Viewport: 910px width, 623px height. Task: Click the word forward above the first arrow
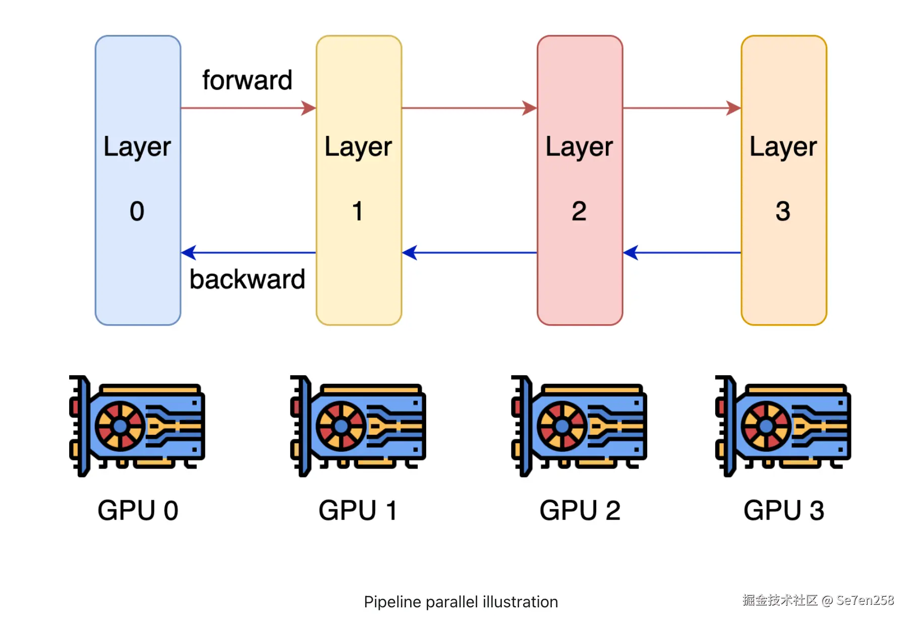(x=247, y=80)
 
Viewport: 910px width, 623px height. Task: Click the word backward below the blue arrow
(x=247, y=279)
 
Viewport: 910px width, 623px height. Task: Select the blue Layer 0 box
(x=138, y=180)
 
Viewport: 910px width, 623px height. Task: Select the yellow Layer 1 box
(x=359, y=180)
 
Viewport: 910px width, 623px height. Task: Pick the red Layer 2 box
(x=580, y=180)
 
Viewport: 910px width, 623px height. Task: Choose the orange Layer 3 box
(x=783, y=180)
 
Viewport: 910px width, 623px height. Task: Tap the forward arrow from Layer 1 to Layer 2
(x=469, y=108)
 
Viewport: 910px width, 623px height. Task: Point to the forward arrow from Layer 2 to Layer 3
(x=681, y=108)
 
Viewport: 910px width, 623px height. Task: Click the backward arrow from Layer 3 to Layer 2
(x=681, y=252)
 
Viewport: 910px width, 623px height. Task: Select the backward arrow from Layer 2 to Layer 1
(x=469, y=252)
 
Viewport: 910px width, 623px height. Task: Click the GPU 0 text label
(x=138, y=510)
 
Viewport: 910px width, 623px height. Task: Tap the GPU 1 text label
(x=358, y=510)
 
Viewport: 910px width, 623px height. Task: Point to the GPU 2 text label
(x=580, y=510)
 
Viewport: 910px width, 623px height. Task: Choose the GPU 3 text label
(x=783, y=510)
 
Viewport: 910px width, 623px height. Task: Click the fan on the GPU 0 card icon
(x=120, y=426)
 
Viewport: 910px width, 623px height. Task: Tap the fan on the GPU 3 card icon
(x=766, y=426)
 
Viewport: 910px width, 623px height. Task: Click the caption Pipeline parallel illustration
(x=461, y=602)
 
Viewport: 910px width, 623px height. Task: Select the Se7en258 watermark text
(x=865, y=600)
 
